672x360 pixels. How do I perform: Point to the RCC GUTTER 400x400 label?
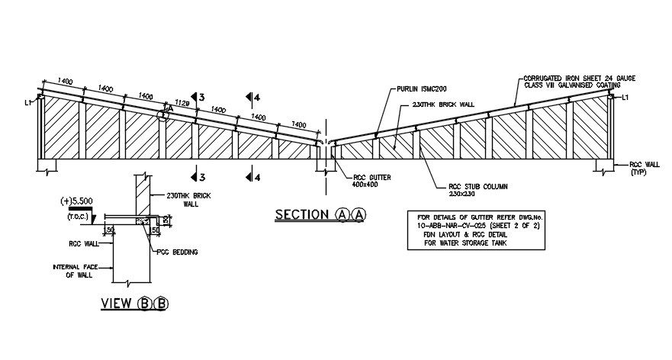pyautogui.click(x=371, y=181)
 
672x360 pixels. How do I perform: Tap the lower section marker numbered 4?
pyautogui.click(x=257, y=177)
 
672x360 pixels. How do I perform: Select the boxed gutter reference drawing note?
pyautogui.click(x=477, y=230)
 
